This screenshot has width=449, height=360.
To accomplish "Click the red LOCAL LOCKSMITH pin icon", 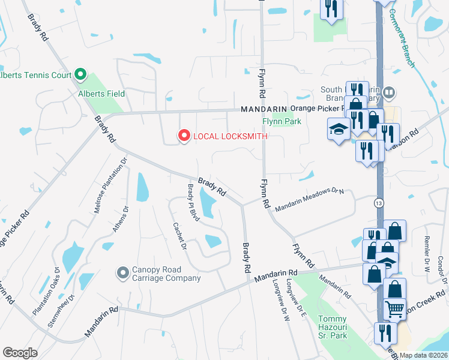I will click(x=184, y=136).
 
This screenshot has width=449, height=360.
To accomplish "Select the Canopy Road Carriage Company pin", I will click(x=123, y=273).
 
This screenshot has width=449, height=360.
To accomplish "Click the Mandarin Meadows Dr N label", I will click(x=310, y=198).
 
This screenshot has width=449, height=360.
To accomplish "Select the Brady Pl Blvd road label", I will click(x=193, y=202).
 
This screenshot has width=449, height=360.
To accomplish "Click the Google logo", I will click(x=20, y=353).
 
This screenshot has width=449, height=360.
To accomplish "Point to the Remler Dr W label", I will click(x=427, y=242).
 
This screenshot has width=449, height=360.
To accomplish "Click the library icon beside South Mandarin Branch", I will click(x=391, y=92).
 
